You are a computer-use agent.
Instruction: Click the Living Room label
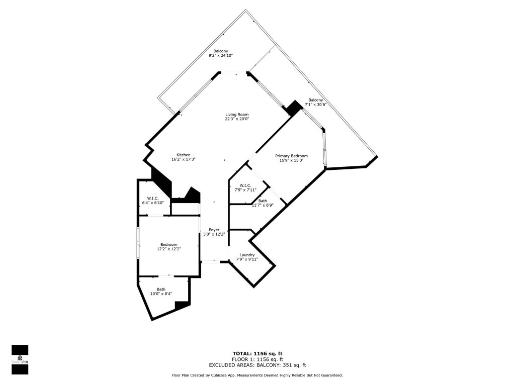pyautogui.click(x=236, y=114)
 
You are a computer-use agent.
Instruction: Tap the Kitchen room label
pyautogui.click(x=183, y=154)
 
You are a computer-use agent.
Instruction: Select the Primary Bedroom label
pyautogui.click(x=291, y=156)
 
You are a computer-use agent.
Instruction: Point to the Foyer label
pyautogui.click(x=214, y=230)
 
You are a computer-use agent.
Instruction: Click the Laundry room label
pyautogui.click(x=247, y=255)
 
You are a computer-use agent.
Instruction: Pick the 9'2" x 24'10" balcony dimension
pyautogui.click(x=221, y=56)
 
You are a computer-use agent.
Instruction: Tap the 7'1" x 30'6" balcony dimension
pyautogui.click(x=316, y=105)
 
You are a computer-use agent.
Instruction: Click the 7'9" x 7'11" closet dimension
pyautogui.click(x=245, y=189)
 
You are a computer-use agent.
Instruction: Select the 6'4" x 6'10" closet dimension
pyautogui.click(x=153, y=203)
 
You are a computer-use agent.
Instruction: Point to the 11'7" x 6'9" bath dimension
pyautogui.click(x=263, y=205)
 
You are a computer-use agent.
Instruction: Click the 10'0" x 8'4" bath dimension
pyautogui.click(x=161, y=294)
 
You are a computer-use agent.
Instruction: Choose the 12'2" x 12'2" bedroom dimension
pyautogui.click(x=168, y=249)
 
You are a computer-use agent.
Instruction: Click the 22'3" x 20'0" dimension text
pyautogui.click(x=237, y=119)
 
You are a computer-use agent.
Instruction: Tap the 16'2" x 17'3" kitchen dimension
pyautogui.click(x=183, y=159)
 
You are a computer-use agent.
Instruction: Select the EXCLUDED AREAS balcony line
pyautogui.click(x=257, y=365)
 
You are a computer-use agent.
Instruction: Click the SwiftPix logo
pyautogui.click(x=20, y=359)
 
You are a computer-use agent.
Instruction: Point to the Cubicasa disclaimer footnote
pyautogui.click(x=257, y=375)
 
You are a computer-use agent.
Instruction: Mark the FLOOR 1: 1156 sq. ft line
pyautogui.click(x=257, y=359)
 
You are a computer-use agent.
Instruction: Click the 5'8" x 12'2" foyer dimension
pyautogui.click(x=214, y=234)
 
